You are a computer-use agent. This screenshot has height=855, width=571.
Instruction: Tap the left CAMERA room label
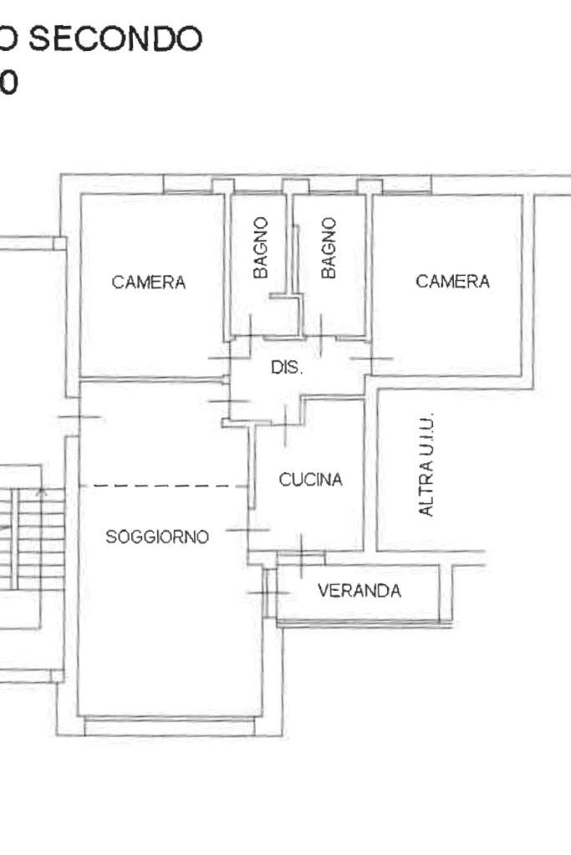(x=149, y=282)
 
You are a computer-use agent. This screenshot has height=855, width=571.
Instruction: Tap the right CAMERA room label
(x=452, y=282)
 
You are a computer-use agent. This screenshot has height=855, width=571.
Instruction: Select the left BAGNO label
(x=262, y=247)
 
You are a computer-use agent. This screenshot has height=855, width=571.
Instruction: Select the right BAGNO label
(x=329, y=247)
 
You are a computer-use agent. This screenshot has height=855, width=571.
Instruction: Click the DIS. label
(x=287, y=368)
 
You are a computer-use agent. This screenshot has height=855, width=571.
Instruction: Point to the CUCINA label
(x=311, y=480)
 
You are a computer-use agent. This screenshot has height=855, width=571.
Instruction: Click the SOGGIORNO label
(x=157, y=537)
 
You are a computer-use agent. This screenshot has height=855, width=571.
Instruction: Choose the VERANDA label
(x=359, y=591)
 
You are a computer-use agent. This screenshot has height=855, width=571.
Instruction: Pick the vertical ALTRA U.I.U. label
(x=426, y=465)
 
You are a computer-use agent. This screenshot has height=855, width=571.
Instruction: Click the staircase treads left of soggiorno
(x=25, y=539)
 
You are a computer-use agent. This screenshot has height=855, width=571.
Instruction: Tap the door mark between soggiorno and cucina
(x=248, y=530)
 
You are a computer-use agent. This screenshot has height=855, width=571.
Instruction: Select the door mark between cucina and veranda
(x=300, y=552)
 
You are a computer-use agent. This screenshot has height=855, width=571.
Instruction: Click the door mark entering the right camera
(x=371, y=359)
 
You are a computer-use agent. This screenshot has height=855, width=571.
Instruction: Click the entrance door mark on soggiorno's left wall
(x=79, y=416)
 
